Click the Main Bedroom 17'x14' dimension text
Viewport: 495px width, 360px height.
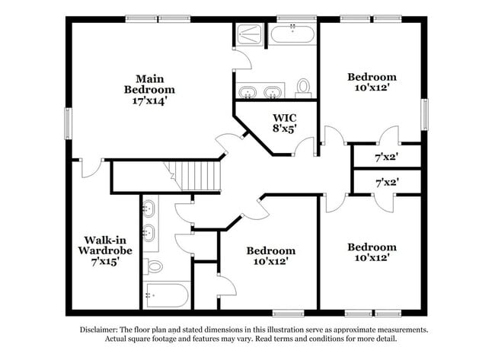(149, 101)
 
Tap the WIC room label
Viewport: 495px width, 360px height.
(285, 118)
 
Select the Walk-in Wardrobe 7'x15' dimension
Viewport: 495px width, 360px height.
(105, 262)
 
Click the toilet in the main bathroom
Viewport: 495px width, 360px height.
(303, 88)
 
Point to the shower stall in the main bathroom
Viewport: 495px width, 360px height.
(249, 33)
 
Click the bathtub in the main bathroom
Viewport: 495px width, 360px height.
(292, 33)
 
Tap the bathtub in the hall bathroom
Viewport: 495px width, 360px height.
(166, 295)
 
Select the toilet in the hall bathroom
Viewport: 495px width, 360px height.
(153, 266)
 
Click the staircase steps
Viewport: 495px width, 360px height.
(192, 176)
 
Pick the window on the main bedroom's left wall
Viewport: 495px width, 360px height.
(69, 123)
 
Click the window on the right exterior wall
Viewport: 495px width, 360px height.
(425, 114)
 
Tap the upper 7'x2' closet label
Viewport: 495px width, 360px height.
(386, 157)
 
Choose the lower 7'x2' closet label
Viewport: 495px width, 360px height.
(387, 183)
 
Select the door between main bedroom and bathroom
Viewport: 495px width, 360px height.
(242, 59)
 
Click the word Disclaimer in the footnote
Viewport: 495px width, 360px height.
(99, 330)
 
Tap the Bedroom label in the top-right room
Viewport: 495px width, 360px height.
(372, 77)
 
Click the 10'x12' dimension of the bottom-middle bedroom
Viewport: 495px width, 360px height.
(271, 261)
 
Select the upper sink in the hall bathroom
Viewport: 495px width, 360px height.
(148, 209)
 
